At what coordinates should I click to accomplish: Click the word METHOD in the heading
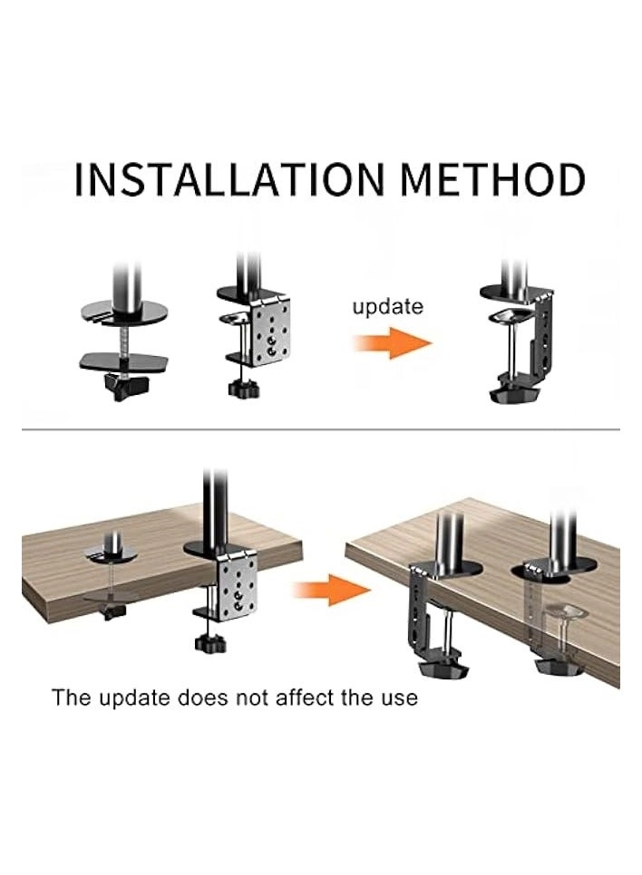coord(491,180)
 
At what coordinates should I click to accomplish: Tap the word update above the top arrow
coord(387,306)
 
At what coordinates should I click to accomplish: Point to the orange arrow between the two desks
coord(332,590)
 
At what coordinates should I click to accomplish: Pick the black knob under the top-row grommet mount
coord(123,388)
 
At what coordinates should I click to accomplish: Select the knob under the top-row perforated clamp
coord(242,389)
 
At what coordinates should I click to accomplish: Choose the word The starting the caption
coord(71,697)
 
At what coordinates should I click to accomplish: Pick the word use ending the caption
coord(398,697)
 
